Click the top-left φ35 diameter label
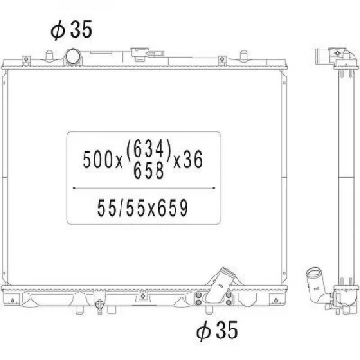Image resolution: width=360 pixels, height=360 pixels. pyautogui.click(x=71, y=30)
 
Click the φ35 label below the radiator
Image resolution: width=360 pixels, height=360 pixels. pyautogui.click(x=217, y=330)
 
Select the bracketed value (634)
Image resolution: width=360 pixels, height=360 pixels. pyautogui.click(x=148, y=149)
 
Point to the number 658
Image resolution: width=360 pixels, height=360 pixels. pyautogui.click(x=148, y=171)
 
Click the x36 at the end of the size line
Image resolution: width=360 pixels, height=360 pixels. pyautogui.click(x=188, y=159)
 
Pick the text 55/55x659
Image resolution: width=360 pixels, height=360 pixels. pyautogui.click(x=142, y=208)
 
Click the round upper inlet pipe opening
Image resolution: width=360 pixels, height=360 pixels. pyautogui.click(x=72, y=57)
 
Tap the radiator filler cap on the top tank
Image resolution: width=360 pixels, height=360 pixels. pyautogui.click(x=139, y=54)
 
